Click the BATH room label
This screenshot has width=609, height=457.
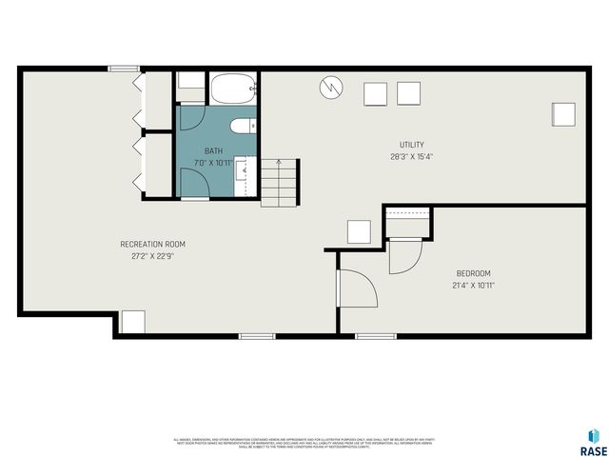(x=214, y=151)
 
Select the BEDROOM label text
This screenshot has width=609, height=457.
(x=473, y=273)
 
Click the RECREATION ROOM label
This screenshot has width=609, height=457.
(x=146, y=244)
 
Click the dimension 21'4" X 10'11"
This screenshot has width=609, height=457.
(x=473, y=285)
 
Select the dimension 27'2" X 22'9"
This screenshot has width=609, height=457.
(x=146, y=255)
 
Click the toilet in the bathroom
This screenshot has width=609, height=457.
(x=241, y=125)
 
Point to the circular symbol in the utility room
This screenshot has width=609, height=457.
(x=330, y=88)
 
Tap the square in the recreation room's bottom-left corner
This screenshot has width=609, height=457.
(x=132, y=322)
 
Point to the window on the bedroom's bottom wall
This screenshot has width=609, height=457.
(x=375, y=336)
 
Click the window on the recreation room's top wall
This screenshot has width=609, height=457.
(x=123, y=69)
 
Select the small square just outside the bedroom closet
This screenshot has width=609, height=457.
(x=359, y=232)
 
